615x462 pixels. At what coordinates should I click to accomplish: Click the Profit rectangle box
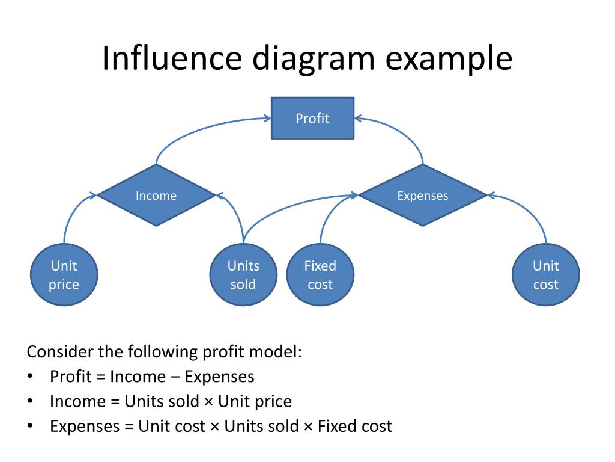[x=312, y=119]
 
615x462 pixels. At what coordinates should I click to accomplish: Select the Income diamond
[x=156, y=196]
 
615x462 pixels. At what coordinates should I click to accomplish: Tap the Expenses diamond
[x=423, y=196]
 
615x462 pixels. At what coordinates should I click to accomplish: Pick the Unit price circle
[x=64, y=274]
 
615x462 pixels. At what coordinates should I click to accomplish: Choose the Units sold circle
[x=243, y=274]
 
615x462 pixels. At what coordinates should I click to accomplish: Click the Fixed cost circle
[x=320, y=274]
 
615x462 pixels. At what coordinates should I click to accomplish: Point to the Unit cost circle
[x=545, y=274]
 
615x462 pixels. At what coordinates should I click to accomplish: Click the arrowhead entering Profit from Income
[x=267, y=118]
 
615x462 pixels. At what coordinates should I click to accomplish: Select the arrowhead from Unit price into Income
[x=93, y=195]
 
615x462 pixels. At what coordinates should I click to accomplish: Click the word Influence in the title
[x=172, y=58]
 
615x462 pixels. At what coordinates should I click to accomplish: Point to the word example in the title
[x=449, y=59]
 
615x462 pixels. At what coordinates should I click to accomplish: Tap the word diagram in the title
[x=314, y=59]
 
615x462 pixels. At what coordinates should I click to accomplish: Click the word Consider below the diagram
[x=61, y=351]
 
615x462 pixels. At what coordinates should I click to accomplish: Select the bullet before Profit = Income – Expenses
[x=30, y=377]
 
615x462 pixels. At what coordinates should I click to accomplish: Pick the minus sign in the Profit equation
[x=175, y=377]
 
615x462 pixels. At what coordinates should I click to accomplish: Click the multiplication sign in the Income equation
[x=208, y=402]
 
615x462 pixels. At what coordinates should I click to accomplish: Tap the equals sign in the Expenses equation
[x=129, y=427]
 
